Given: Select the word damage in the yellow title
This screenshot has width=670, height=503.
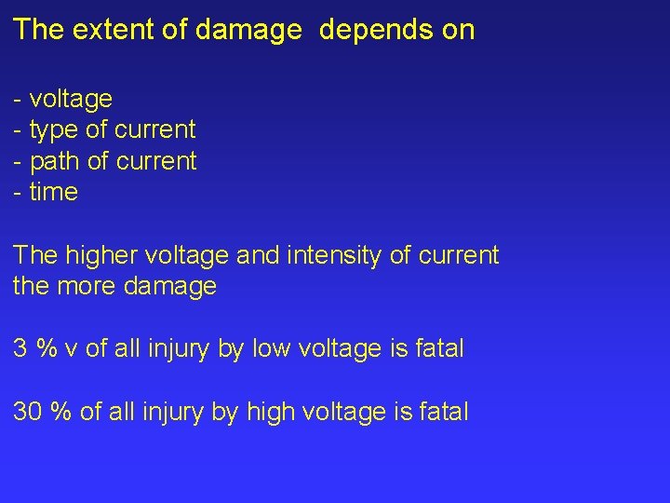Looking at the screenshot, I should [252, 30].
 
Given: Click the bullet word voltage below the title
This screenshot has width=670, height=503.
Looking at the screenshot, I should [71, 98].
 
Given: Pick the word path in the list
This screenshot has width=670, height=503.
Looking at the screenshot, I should [55, 161].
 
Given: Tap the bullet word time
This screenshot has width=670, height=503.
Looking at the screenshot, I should [54, 193].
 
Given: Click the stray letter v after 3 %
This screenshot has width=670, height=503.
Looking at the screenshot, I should [71, 350].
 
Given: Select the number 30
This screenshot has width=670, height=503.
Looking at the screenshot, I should [27, 412].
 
